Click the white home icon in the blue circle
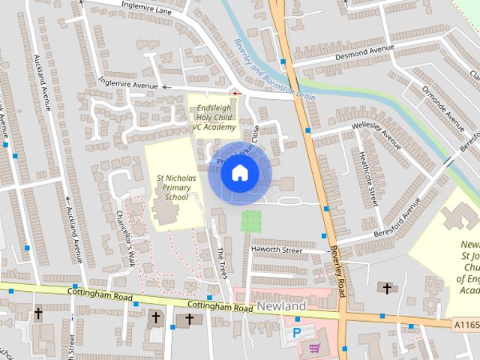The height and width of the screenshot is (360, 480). [x=239, y=173]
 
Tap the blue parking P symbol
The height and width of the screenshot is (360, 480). [x=296, y=331]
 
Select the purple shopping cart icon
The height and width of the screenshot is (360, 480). [x=314, y=347]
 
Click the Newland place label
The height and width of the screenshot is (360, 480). [x=281, y=307]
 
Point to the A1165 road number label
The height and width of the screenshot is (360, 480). [x=465, y=324]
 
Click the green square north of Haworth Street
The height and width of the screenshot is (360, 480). [x=251, y=221]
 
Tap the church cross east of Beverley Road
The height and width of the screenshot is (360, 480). [x=387, y=287]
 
